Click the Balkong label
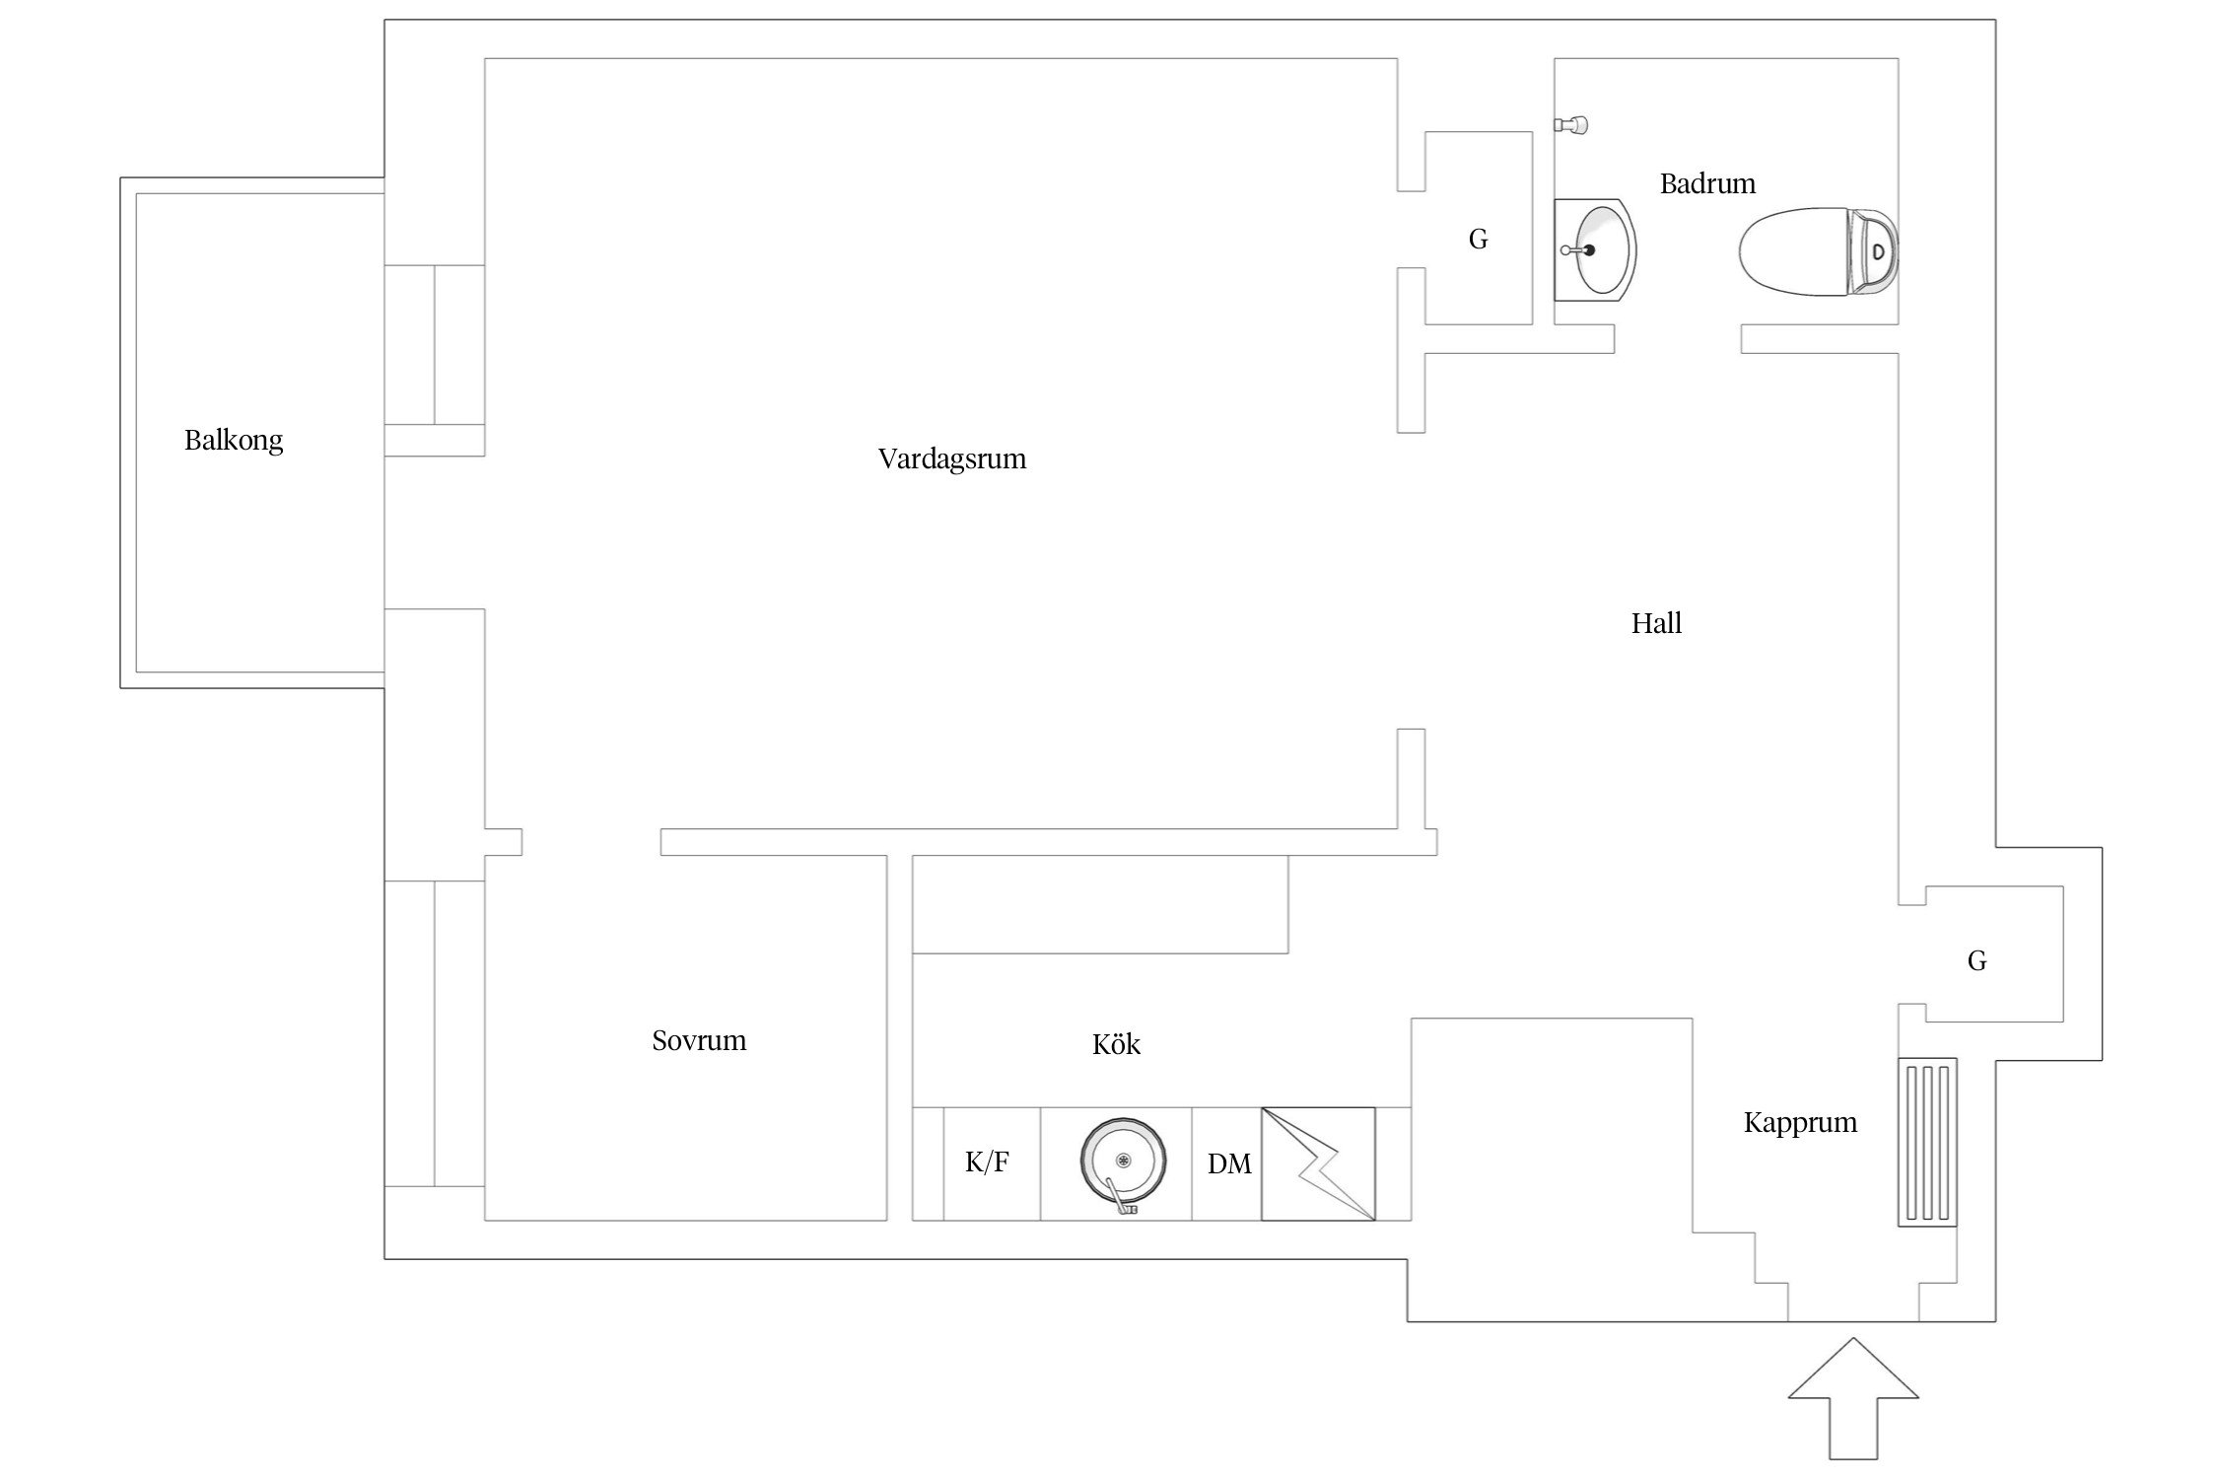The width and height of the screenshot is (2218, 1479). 234,440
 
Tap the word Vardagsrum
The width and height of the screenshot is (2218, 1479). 951,458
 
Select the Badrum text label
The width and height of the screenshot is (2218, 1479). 1707,183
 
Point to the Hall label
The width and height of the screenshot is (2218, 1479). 1656,623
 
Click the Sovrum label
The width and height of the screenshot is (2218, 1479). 699,1040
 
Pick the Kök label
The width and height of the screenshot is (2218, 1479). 1116,1044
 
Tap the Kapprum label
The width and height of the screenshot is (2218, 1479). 1800,1122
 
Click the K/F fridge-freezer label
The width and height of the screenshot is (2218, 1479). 987,1162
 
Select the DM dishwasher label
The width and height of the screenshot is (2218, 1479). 1229,1164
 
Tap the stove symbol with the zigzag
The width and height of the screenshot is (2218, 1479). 1318,1163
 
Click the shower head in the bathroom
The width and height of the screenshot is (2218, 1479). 1573,125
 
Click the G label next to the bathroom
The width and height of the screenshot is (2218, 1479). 1478,239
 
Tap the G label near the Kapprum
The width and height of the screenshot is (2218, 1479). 1976,961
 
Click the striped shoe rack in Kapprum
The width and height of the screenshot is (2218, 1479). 1927,1142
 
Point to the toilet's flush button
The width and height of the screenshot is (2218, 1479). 1878,251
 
